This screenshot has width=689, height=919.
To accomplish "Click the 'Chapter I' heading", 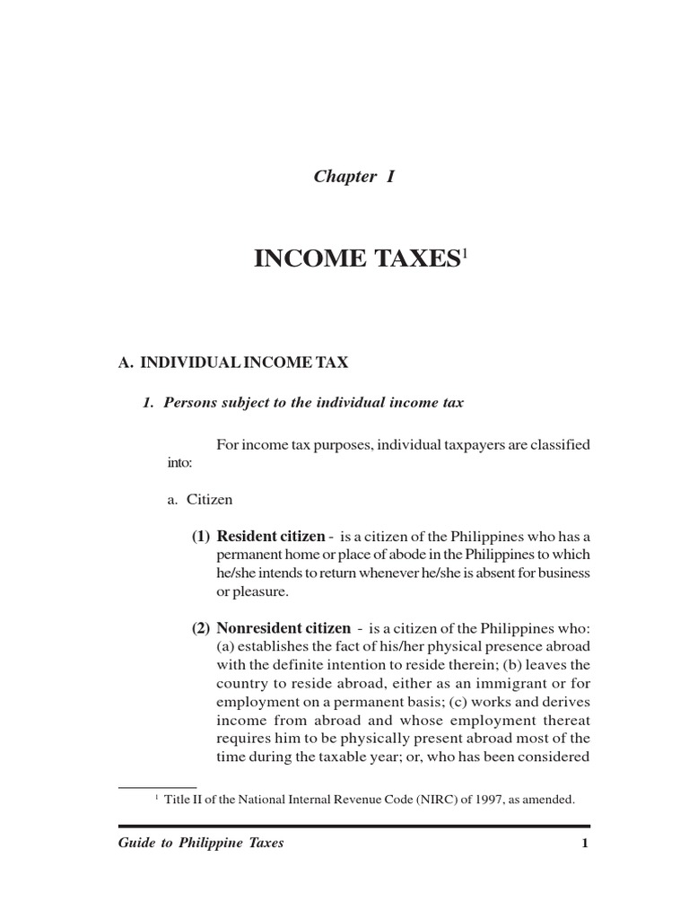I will point(354,177).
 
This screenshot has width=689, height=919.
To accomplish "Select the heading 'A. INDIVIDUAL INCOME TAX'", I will point(233,363).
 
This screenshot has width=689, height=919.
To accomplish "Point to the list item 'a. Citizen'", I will point(199,500).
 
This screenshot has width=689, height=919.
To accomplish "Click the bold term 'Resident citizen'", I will point(271,537).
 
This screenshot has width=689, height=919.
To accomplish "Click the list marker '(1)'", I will point(200,537).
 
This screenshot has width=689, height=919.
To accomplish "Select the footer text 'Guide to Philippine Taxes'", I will point(201,844).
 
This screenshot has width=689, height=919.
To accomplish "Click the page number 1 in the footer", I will point(584,844).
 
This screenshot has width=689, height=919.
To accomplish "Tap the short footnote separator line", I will point(157,787).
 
